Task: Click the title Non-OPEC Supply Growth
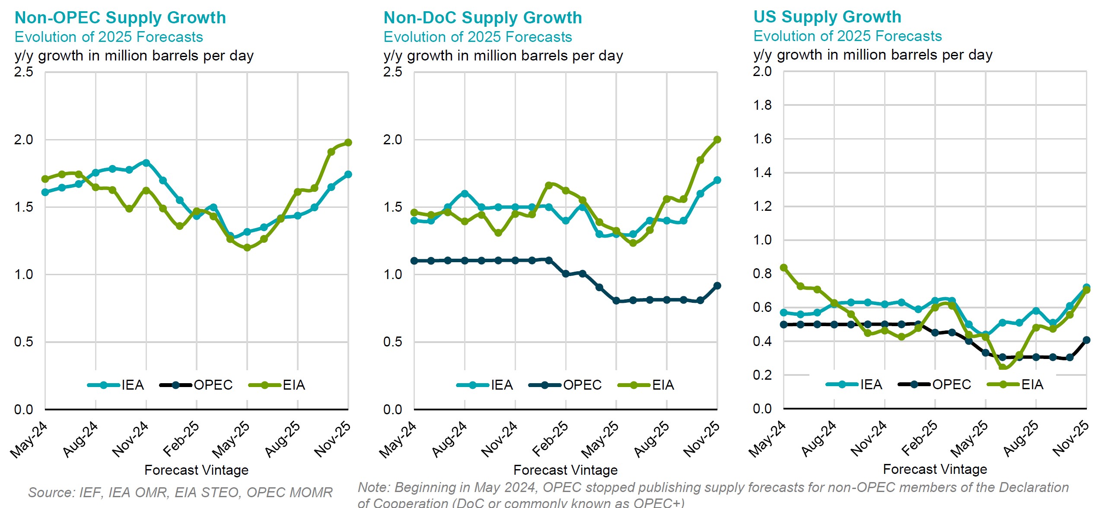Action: (120, 18)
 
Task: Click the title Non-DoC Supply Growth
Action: (483, 18)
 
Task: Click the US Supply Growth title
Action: (827, 17)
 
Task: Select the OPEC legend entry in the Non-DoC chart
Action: (582, 385)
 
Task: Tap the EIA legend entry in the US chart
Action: (1032, 384)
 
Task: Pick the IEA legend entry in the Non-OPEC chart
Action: (132, 385)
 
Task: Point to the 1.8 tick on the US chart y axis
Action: (762, 105)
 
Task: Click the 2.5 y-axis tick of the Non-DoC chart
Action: (392, 72)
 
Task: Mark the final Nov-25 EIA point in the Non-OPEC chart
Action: (348, 143)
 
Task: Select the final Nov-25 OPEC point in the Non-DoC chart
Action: (717, 286)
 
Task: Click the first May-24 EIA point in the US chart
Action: (783, 268)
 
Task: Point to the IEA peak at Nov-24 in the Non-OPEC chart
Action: (146, 163)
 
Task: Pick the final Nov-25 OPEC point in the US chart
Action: (1086, 340)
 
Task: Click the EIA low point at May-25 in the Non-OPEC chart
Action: (247, 248)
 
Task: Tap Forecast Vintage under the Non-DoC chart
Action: (565, 470)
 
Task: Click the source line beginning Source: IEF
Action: (180, 492)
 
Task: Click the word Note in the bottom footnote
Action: (374, 488)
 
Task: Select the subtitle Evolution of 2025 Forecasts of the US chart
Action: (847, 36)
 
